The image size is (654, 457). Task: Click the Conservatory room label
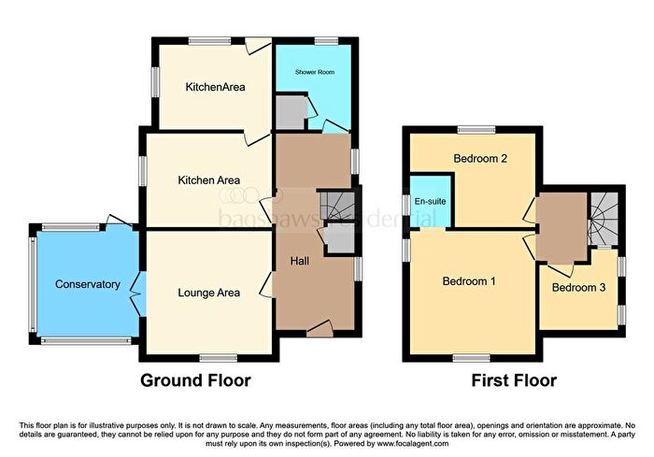tap(87, 284)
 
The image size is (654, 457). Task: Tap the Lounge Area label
tap(208, 293)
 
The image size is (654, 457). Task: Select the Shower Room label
tap(315, 72)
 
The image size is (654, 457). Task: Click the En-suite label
tap(429, 201)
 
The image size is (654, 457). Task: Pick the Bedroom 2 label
tap(480, 159)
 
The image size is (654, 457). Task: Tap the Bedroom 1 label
tap(469, 280)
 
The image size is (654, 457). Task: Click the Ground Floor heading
tap(195, 380)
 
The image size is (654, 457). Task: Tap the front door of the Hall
tap(320, 326)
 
